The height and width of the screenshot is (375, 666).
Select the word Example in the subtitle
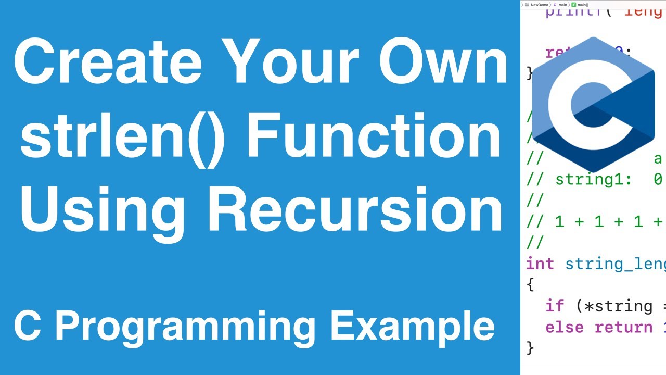(413, 327)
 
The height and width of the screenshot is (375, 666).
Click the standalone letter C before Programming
(30, 327)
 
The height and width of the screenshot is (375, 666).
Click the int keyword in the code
(540, 264)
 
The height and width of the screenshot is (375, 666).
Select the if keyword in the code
(555, 306)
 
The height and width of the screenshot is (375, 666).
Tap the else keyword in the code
(565, 327)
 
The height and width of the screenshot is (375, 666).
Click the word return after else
(623, 327)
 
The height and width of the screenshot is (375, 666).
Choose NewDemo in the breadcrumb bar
(540, 5)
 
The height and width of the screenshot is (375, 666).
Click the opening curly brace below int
(530, 285)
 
